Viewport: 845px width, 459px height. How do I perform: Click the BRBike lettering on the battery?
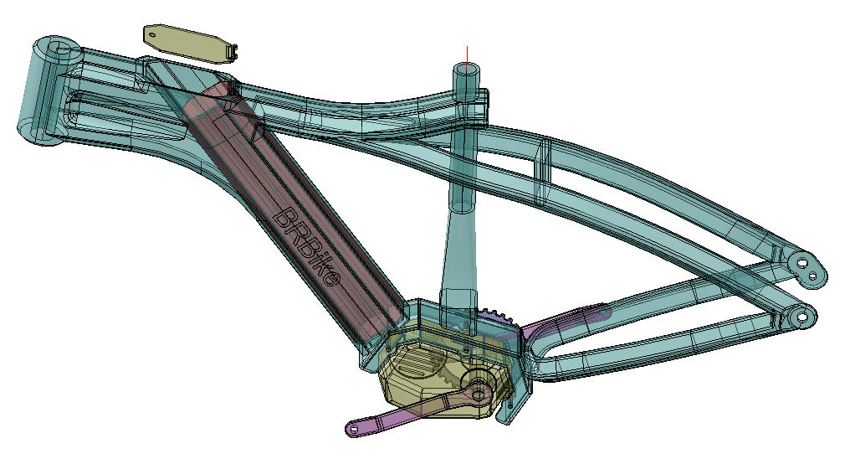coord(307,248)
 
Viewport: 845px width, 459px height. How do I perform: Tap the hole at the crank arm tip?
coord(354,430)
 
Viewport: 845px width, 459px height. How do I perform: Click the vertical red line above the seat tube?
coord(467,57)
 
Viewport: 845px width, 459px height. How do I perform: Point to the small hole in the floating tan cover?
coord(152,35)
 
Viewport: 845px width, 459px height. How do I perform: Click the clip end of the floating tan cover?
coord(233,52)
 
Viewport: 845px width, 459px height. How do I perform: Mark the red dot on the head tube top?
coord(59,48)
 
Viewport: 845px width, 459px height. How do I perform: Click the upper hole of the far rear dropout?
coord(802,264)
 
